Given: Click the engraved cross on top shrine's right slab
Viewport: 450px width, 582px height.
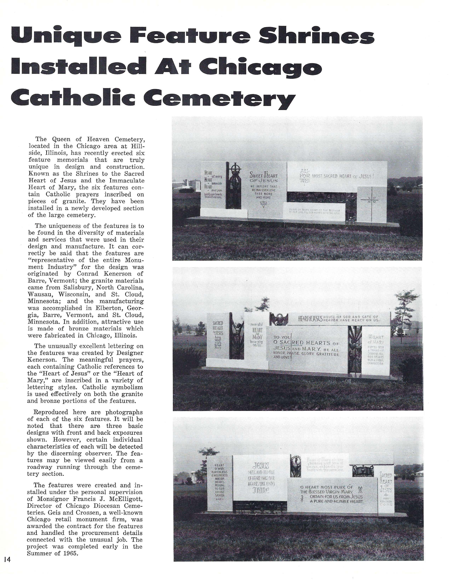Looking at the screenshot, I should click(372, 199).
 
